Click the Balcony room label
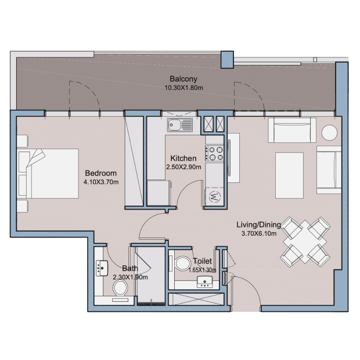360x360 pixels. [x=183, y=79]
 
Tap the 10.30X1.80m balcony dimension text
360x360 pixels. [x=183, y=88]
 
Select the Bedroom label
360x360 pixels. [x=101, y=173]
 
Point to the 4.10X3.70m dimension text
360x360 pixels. [x=101, y=182]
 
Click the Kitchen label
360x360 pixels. [x=183, y=158]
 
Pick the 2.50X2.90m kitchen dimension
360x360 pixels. [x=183, y=167]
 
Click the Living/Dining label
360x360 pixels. [x=259, y=225]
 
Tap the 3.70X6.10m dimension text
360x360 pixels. [x=259, y=234]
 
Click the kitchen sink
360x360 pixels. [x=180, y=125]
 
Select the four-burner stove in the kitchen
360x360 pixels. [x=214, y=154]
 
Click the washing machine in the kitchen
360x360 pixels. [x=214, y=197]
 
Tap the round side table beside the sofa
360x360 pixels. [x=329, y=133]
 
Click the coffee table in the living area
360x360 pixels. [x=289, y=175]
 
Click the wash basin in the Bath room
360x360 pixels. [x=102, y=268]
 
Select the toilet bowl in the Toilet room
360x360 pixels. [x=183, y=264]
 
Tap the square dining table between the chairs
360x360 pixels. [x=305, y=242]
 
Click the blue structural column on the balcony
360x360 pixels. [x=227, y=60]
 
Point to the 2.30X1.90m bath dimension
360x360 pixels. [x=130, y=278]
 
